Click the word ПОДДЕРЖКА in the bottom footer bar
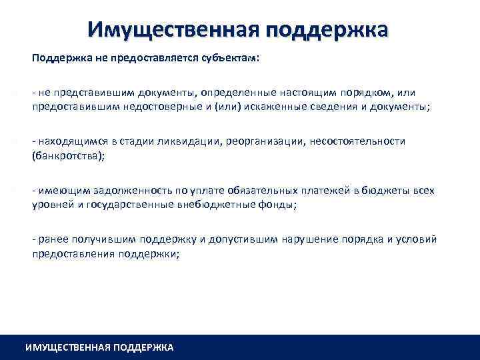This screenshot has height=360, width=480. (x=143, y=347)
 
